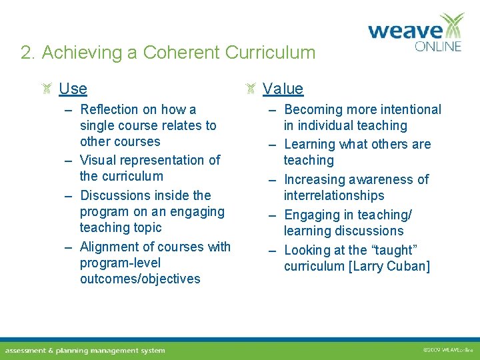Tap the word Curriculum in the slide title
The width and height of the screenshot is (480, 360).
pyautogui.click(x=270, y=53)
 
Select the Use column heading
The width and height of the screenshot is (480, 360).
pyautogui.click(x=73, y=89)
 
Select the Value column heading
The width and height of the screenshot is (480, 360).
pyautogui.click(x=283, y=89)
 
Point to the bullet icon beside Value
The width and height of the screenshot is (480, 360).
pyautogui.click(x=251, y=89)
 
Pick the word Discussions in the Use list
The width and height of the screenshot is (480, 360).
pyautogui.click(x=117, y=195)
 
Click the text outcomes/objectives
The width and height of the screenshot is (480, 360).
pyautogui.click(x=140, y=279)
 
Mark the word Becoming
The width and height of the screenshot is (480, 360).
pyautogui.click(x=313, y=109)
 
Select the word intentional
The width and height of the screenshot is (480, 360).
pyautogui.click(x=409, y=109)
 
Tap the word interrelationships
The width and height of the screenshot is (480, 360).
pyautogui.click(x=334, y=195)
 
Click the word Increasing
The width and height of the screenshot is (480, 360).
pyautogui.click(x=315, y=179)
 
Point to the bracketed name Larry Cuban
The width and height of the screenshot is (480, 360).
pyautogui.click(x=391, y=267)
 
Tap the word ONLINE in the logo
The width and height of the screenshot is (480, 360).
pyautogui.click(x=438, y=47)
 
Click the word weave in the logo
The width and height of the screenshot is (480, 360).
pyautogui.click(x=405, y=31)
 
